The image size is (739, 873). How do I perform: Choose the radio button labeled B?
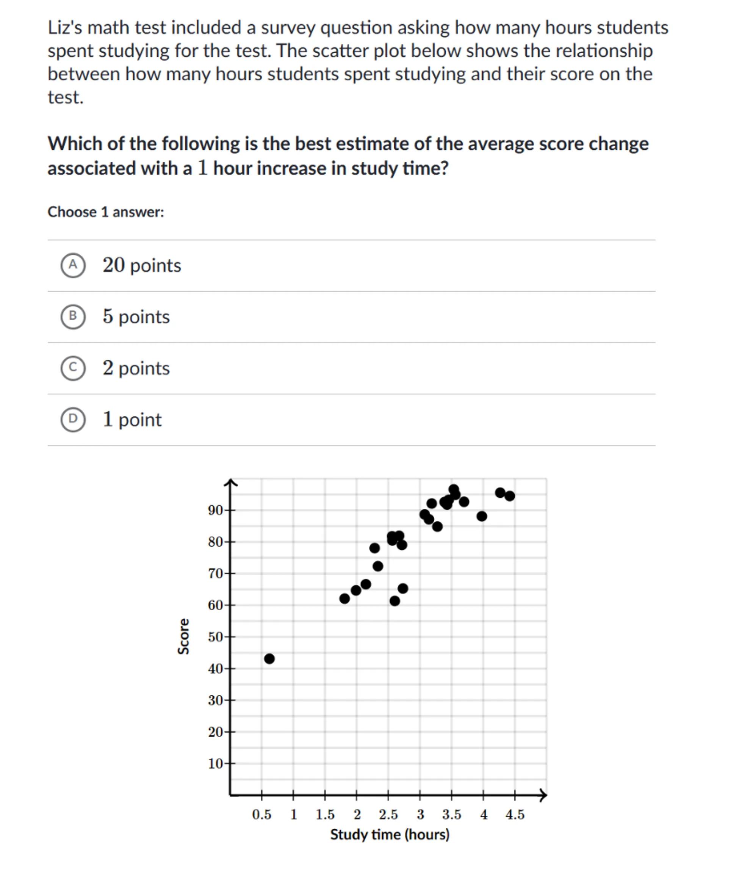(73, 317)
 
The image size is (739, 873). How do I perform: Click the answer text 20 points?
(142, 266)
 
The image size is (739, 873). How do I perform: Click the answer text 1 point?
(132, 420)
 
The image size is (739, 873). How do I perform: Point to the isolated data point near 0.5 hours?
(269, 659)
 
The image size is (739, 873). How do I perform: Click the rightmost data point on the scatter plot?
(509, 496)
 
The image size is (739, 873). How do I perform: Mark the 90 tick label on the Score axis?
(215, 511)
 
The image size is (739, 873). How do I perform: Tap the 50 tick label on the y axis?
(215, 637)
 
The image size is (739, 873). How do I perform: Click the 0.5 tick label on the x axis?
(262, 815)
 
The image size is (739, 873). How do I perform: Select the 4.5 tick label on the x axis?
(515, 815)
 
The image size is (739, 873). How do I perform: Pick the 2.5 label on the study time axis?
(388, 815)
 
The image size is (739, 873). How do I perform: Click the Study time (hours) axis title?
(390, 834)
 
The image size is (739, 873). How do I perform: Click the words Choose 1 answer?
(106, 212)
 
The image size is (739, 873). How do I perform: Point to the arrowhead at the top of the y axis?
(230, 483)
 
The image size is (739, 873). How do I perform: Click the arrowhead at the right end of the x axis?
(543, 795)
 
